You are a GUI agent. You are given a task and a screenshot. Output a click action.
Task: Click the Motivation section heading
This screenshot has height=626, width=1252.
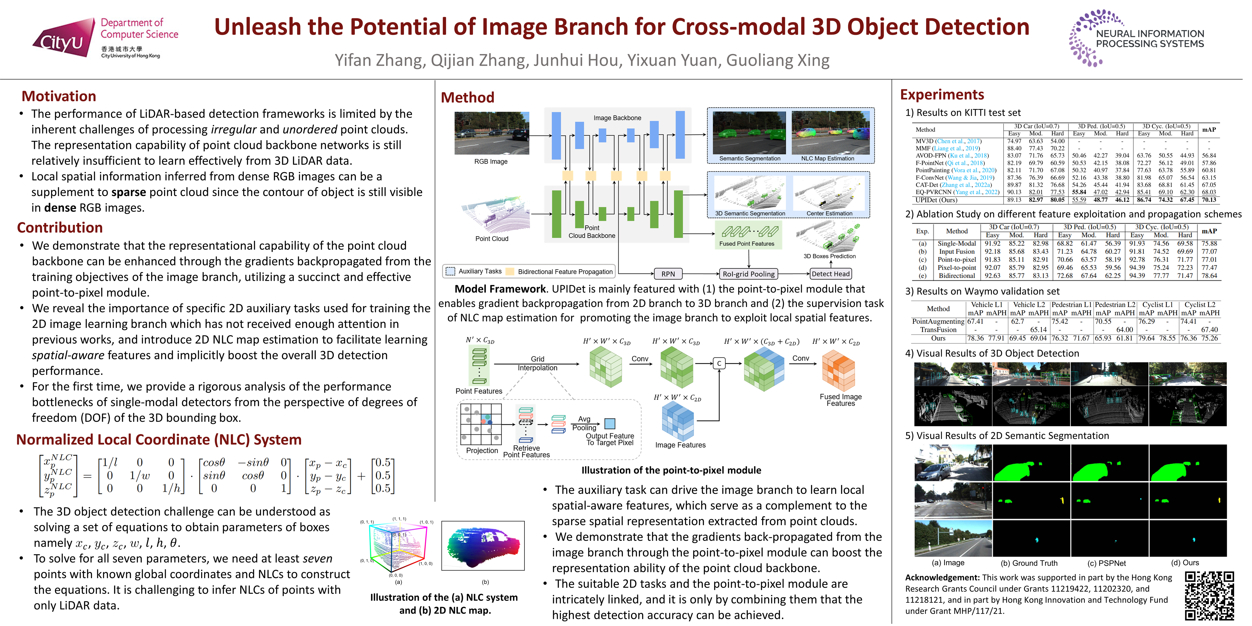tap(59, 96)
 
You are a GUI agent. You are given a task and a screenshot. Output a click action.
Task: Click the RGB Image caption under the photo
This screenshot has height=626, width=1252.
tap(491, 161)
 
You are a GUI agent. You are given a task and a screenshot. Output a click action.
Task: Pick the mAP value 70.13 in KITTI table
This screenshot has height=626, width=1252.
tap(1209, 200)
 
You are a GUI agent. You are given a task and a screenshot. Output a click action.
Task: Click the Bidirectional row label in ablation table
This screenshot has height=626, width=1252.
tap(957, 276)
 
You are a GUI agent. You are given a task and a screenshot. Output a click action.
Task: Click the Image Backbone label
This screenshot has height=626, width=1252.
tap(617, 118)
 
